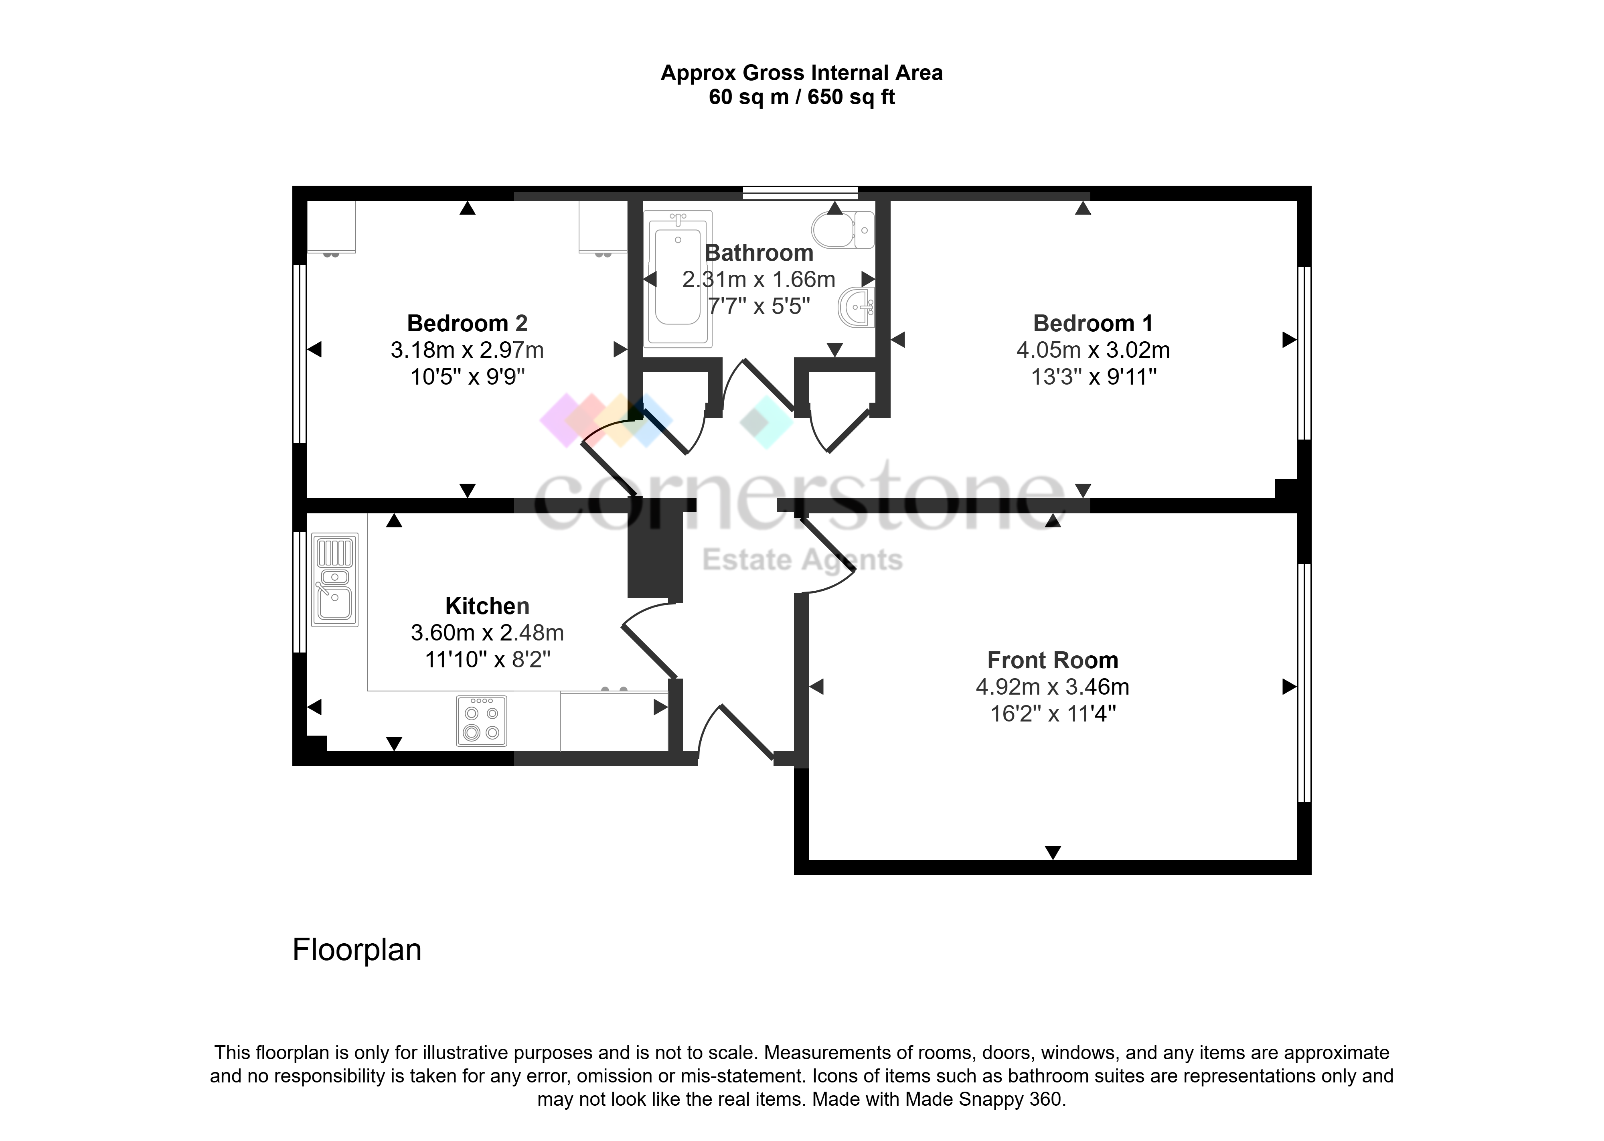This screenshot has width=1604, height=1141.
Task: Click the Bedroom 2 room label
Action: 467,323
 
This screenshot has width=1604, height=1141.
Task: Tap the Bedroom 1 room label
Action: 1093,323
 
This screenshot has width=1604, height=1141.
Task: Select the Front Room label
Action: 1053,661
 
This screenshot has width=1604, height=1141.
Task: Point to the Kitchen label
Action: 487,606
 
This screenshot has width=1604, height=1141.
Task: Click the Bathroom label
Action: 759,253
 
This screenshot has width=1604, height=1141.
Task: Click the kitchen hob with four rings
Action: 482,720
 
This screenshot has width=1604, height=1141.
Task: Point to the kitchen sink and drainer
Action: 335,580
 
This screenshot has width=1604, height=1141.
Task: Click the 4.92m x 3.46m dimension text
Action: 1053,687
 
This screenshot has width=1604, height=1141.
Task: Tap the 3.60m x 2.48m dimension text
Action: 487,633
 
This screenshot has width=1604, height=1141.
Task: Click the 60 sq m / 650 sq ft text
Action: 802,97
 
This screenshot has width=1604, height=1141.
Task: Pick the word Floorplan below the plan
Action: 357,950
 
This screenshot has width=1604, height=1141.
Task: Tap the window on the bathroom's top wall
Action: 800,193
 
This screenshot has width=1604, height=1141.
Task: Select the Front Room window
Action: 1304,683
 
